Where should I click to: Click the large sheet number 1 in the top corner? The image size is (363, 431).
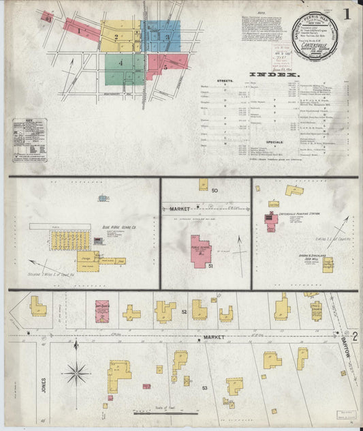pyautogui.click(x=347, y=13)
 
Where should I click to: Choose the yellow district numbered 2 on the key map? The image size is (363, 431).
pyautogui.click(x=120, y=36)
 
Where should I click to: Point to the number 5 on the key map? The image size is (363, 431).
pyautogui.click(x=165, y=68)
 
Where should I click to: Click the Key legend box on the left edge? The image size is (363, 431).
pyautogui.click(x=29, y=140)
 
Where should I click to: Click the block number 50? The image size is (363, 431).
pyautogui.click(x=215, y=190)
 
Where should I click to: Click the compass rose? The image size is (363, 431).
pyautogui.click(x=76, y=373)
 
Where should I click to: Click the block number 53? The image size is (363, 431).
pyautogui.click(x=204, y=387)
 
